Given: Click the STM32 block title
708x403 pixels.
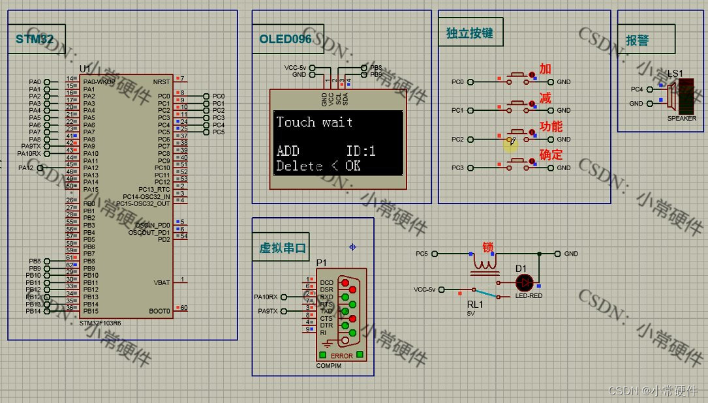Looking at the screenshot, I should [35, 39].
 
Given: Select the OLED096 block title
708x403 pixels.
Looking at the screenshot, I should [285, 39].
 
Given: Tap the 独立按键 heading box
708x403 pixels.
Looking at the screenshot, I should [470, 33].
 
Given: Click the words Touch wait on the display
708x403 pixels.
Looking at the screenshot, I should [314, 122].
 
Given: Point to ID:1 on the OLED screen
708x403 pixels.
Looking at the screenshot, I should [360, 151].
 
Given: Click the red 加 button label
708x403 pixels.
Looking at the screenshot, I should [546, 69].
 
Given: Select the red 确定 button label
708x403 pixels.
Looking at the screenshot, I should [551, 155].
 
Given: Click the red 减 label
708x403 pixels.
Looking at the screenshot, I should [546, 98].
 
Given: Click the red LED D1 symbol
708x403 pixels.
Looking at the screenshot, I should [524, 282].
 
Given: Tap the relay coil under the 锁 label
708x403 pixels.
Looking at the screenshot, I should [484, 265].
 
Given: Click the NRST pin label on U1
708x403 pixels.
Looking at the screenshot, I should [161, 82].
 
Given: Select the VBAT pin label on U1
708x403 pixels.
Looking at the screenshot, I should [162, 282].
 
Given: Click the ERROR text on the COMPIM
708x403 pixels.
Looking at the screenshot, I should [342, 356].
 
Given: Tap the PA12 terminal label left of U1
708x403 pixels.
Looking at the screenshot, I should [26, 168].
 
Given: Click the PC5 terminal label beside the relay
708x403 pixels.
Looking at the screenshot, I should [421, 254].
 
